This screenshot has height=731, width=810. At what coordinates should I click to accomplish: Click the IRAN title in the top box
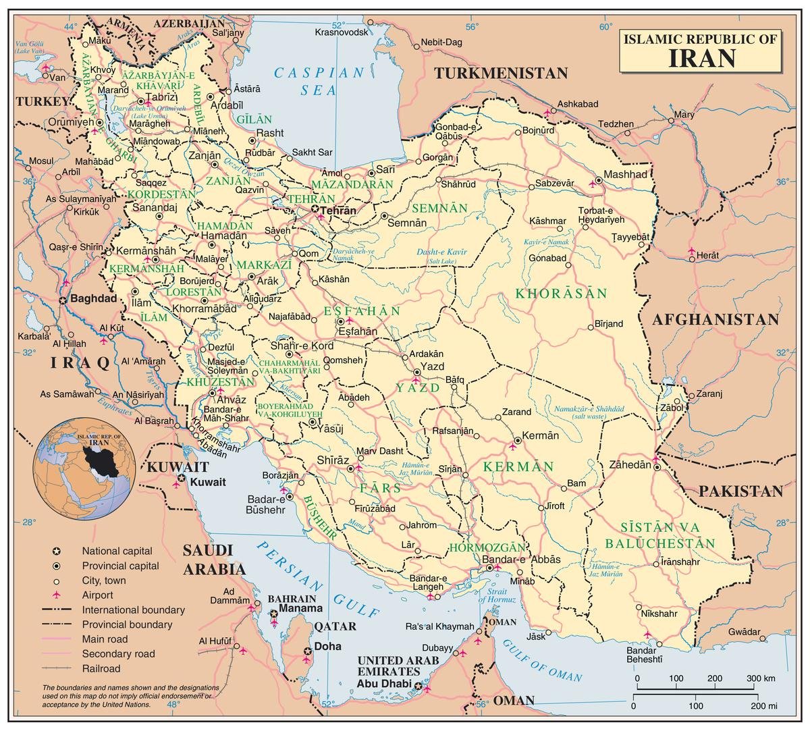pos(702,58)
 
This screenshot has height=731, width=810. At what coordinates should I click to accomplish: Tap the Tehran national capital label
pos(338,211)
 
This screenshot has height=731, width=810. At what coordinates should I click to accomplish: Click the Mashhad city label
pos(625,174)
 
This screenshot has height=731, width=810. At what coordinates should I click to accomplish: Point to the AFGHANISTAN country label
pos(715,320)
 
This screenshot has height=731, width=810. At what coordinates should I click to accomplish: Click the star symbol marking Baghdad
pos(63,300)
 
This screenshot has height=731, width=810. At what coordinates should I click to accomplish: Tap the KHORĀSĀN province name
pos(562,294)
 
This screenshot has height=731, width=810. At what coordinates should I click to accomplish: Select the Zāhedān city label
pos(630,464)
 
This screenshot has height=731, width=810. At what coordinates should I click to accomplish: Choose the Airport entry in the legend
pos(97,595)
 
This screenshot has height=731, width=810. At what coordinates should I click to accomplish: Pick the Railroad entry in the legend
pos(101,668)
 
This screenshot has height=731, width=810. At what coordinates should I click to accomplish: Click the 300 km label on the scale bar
pos(760,678)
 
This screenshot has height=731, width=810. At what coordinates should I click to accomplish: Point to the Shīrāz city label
pos(331,460)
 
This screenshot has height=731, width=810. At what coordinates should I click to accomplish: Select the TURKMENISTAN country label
pos(501,74)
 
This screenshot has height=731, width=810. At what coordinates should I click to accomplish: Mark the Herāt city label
pos(708,256)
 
